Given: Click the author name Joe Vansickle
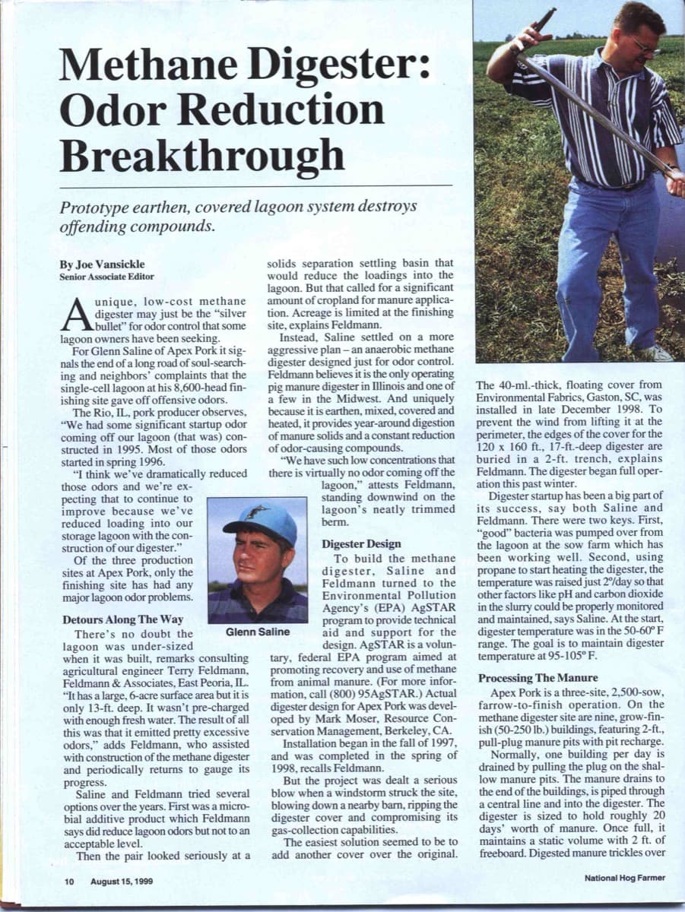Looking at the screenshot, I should coord(102,264).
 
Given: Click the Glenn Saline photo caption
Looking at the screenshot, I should coord(258,632).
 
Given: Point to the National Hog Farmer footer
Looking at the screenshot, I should coord(625,878).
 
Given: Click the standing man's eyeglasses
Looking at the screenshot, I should coord(645,46).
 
